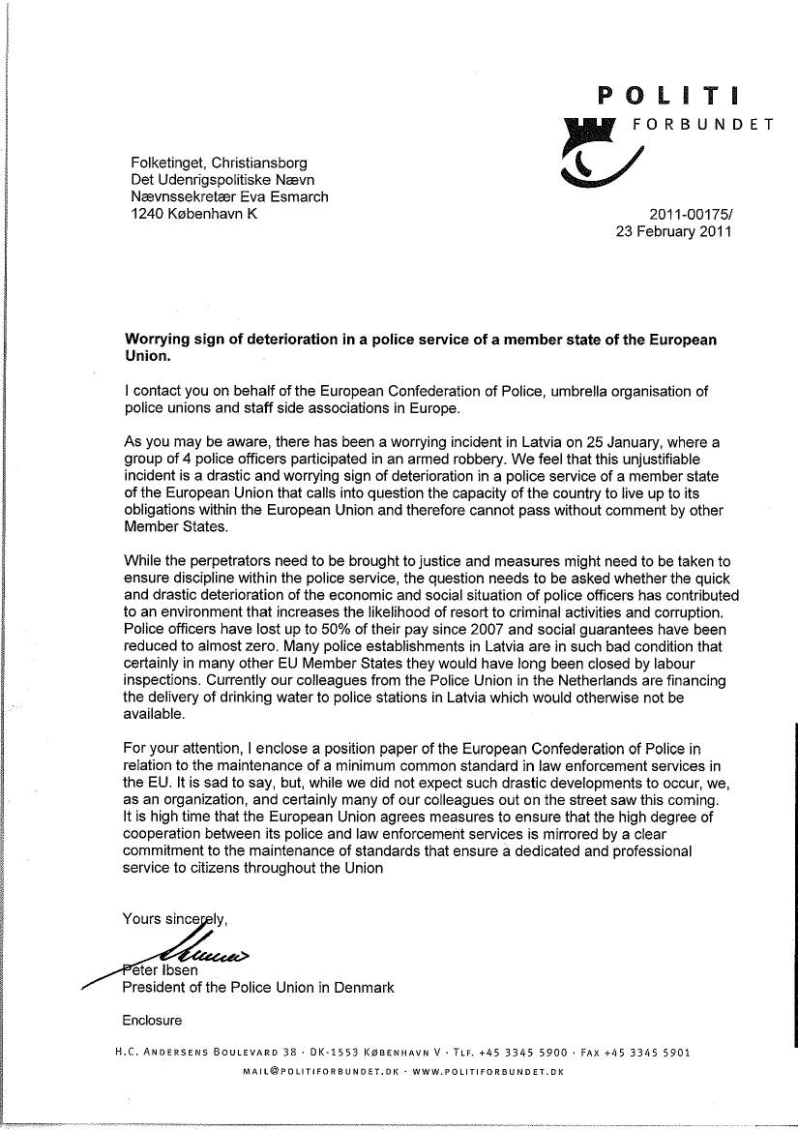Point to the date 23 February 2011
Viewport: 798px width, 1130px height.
coord(673,232)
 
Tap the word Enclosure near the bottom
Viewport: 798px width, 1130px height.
coord(152,1020)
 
